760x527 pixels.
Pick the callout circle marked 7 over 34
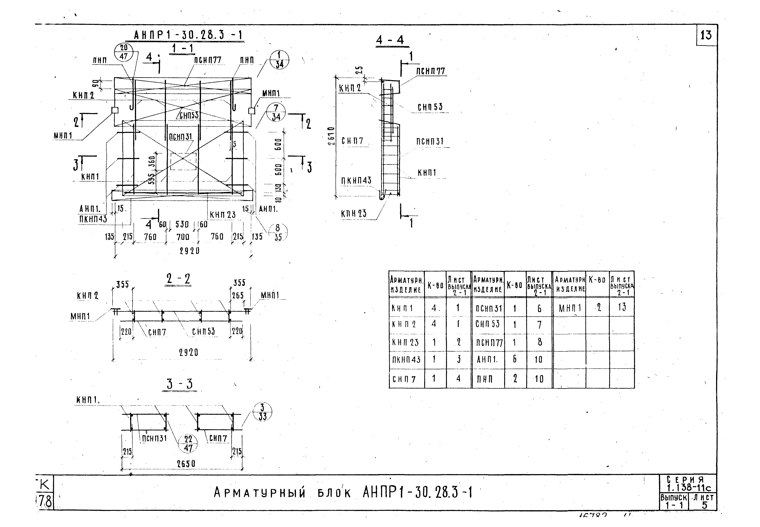tap(276, 112)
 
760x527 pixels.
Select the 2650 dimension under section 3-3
tap(186, 464)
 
